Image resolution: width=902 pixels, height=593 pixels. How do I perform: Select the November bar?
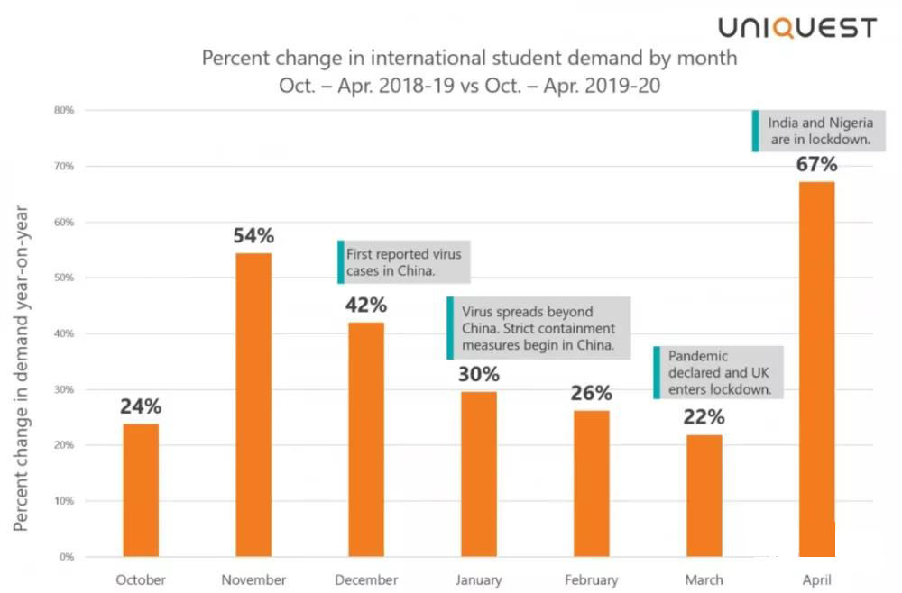253,405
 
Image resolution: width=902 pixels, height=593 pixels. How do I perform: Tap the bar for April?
816,369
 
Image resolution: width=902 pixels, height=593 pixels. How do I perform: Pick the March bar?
704,496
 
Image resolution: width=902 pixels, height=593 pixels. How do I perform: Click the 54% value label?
253,236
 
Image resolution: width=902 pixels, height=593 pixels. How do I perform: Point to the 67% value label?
816,164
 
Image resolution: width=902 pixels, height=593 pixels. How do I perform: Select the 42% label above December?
365,305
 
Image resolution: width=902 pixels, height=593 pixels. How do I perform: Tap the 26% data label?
591,393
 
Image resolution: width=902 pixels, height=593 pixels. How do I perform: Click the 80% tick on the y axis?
65,111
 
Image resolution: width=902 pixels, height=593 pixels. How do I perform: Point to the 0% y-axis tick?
67,557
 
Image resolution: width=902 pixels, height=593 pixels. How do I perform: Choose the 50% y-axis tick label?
65,278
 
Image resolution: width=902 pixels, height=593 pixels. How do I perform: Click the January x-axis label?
478,579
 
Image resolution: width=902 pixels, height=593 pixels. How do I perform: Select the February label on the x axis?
591,579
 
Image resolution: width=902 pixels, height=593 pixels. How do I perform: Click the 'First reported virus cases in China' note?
405,262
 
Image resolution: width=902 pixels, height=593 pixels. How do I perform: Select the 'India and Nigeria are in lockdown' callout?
820,131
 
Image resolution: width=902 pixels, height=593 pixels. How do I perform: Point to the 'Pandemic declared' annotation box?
719,373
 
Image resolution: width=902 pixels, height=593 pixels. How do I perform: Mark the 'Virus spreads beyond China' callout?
538,328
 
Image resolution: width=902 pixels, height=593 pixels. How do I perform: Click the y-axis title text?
22,369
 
